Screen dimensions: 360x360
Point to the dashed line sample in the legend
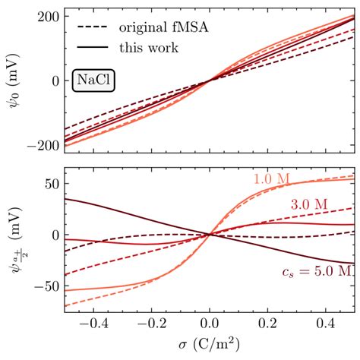click(x=93, y=28)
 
